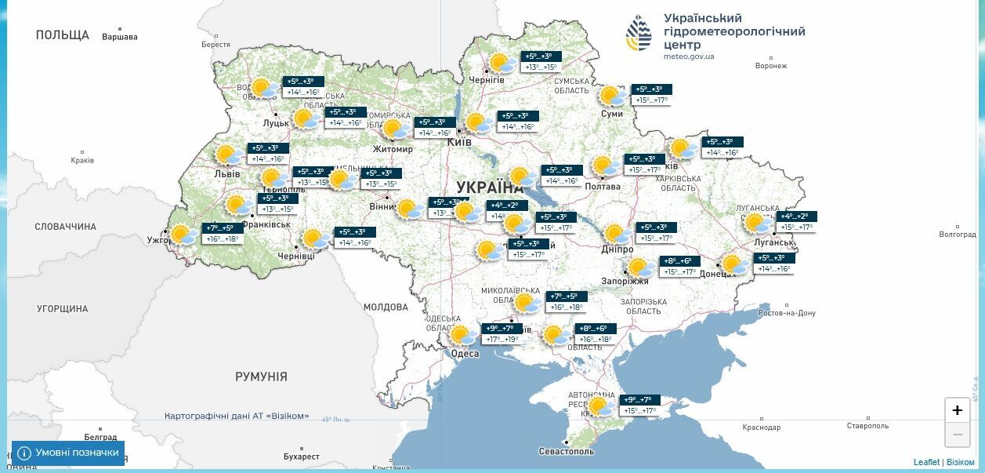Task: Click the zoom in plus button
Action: tap(957, 410)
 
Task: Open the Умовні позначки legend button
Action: tap(68, 453)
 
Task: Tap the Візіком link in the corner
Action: tap(960, 462)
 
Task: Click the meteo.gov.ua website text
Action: tap(688, 56)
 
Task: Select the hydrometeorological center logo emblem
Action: tap(639, 34)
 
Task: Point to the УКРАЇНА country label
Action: tap(490, 187)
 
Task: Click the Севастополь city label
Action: tap(567, 451)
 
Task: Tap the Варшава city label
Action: tap(119, 37)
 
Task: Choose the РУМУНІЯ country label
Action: tap(261, 377)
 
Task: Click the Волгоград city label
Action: tap(958, 235)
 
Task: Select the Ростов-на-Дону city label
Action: tap(787, 313)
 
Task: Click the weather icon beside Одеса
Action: tap(463, 336)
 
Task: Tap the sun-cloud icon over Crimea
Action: tap(600, 406)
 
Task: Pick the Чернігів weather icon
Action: tap(502, 64)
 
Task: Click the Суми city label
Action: tap(612, 114)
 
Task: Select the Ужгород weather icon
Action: tap(183, 234)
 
